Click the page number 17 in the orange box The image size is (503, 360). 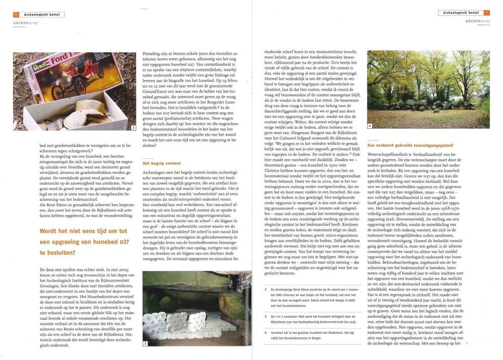click(x=486, y=13)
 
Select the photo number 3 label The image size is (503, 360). click(x=145, y=343)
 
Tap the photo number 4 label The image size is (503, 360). click(x=370, y=126)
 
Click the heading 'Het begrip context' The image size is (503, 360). click(x=161, y=163)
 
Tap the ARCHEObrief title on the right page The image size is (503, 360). click(x=477, y=21)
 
